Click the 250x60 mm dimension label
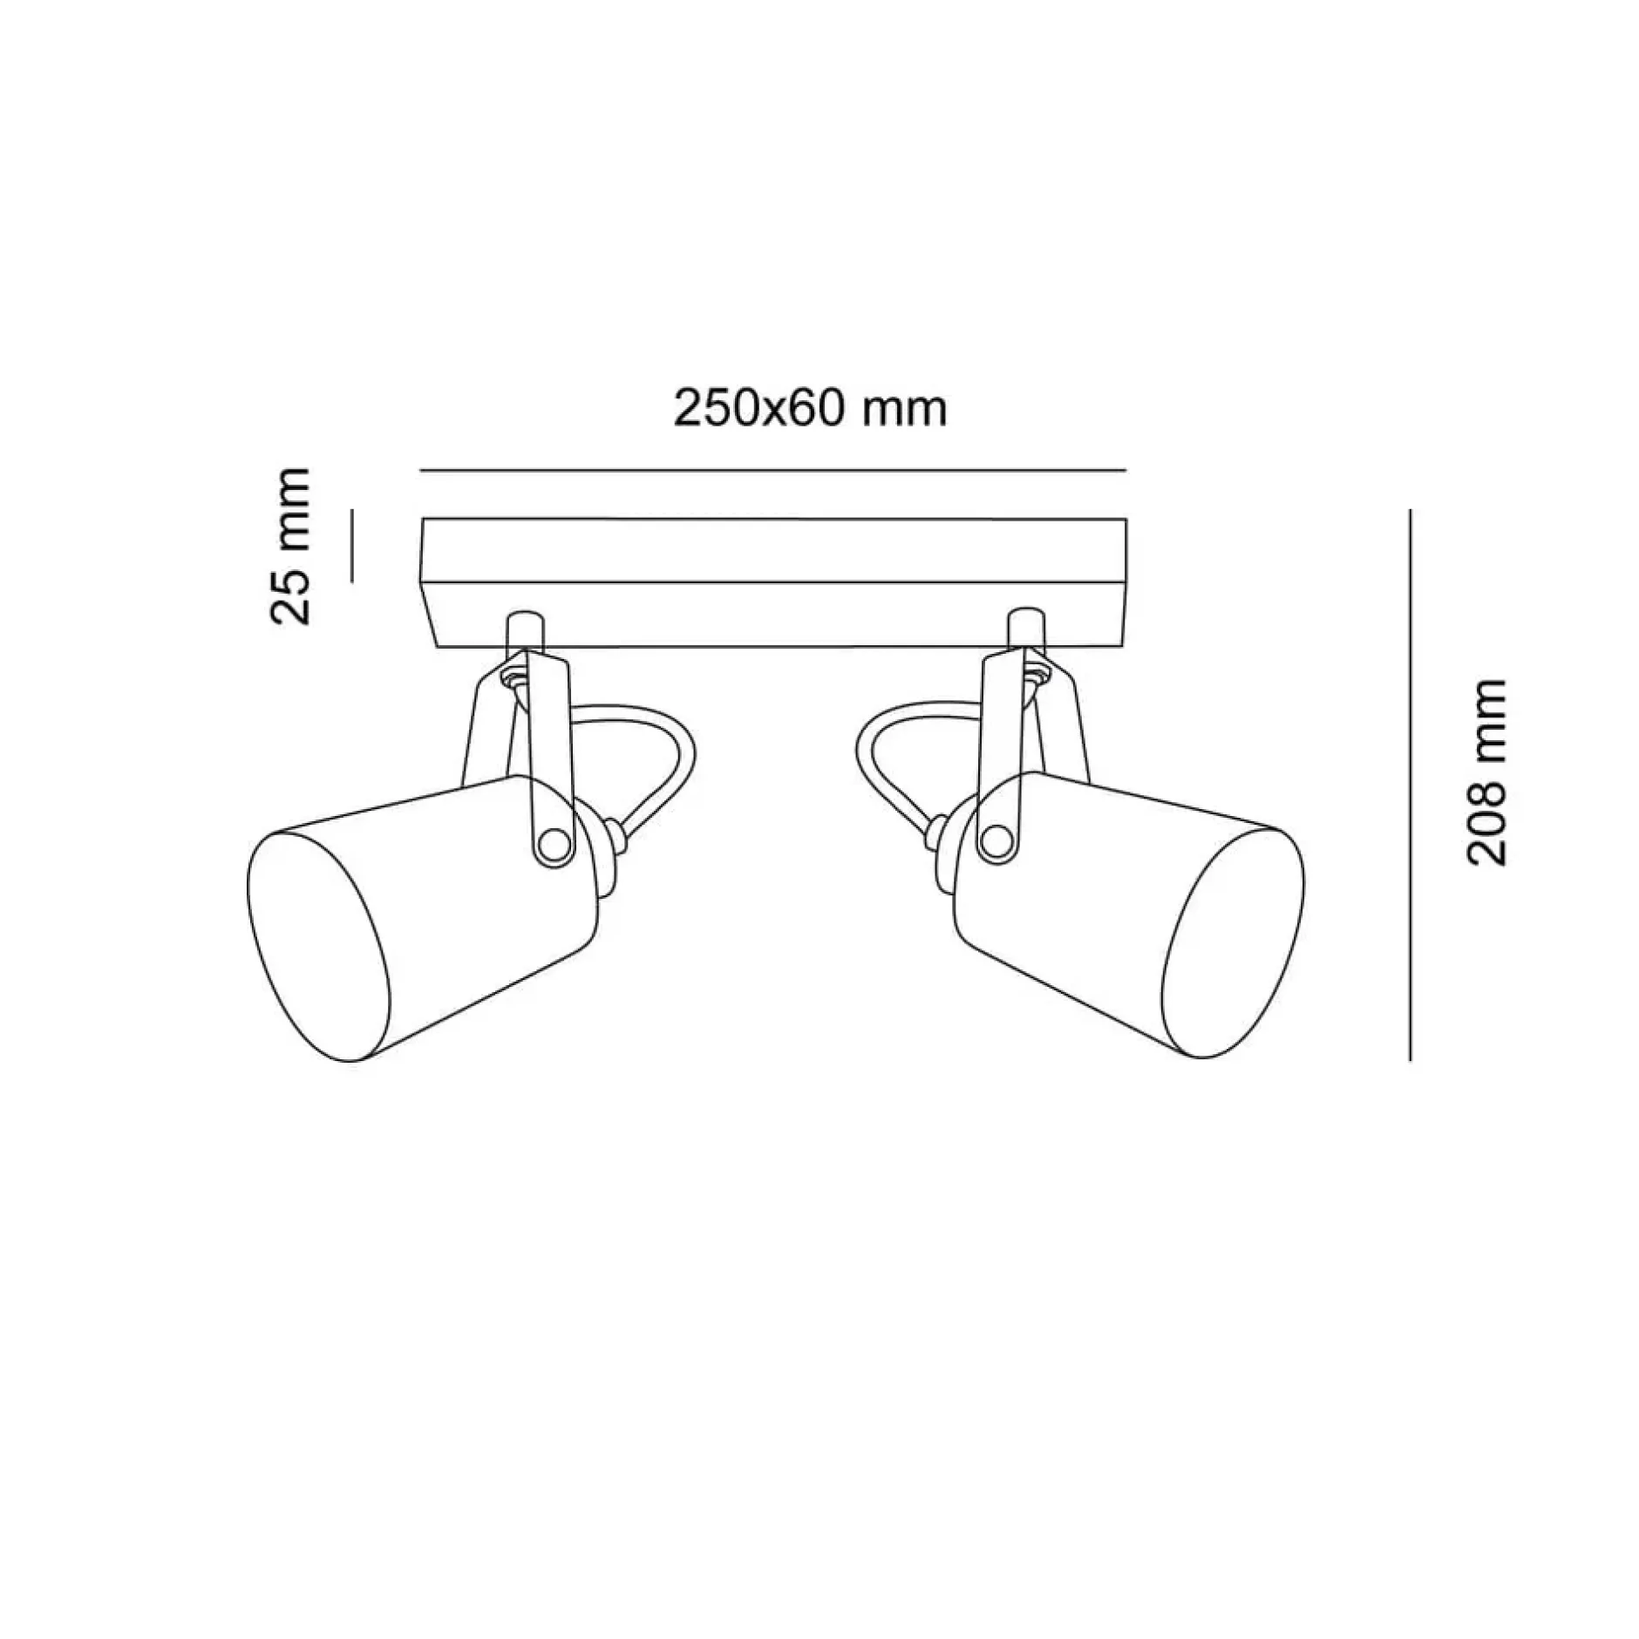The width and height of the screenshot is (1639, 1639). pos(811,408)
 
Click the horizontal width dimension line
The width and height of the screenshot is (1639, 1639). pos(773,471)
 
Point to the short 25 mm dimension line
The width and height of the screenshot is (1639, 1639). pos(352,545)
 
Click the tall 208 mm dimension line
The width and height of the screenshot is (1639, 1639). pos(1410,784)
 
